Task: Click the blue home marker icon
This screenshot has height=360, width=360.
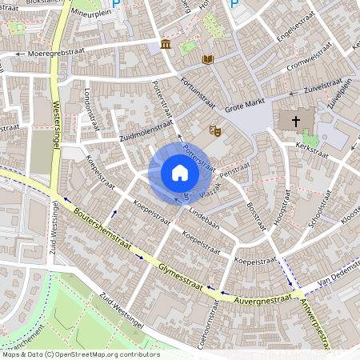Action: click(180, 172)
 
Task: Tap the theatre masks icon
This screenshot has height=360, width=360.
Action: click(214, 130)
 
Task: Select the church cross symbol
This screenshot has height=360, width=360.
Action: click(296, 122)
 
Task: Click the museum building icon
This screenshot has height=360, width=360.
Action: click(165, 43)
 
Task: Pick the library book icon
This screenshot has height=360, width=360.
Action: click(208, 59)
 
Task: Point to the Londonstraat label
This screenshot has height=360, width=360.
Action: click(90, 111)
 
